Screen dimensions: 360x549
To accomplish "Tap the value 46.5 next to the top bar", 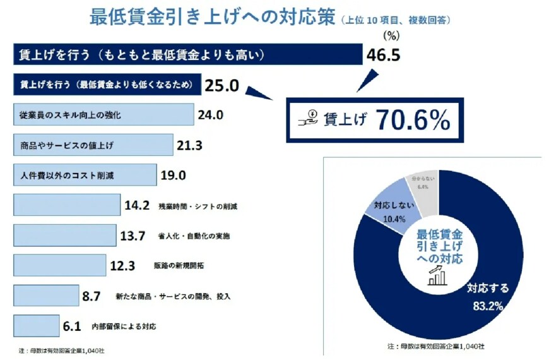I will [384, 56].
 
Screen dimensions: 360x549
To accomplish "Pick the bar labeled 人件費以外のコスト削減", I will [85, 174].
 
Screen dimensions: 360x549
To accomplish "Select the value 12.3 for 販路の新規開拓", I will [122, 265].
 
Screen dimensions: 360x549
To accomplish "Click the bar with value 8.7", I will [45, 295].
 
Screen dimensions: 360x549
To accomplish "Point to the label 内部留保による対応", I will [123, 326].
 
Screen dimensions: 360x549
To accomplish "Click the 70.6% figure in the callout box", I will [413, 121].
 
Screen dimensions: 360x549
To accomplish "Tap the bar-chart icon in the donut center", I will [439, 275].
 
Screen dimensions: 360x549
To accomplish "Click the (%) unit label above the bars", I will [393, 35].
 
